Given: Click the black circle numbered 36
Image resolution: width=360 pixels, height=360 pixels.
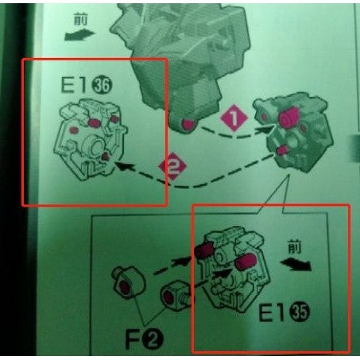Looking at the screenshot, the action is point(102,86).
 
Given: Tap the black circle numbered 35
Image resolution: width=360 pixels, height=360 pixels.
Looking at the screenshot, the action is point(300,312).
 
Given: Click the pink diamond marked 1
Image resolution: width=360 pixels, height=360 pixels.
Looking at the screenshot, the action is point(234,118).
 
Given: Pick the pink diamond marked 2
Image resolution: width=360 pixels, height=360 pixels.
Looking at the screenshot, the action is point(172,166).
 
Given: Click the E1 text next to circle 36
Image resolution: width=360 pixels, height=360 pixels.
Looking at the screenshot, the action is point(74,84).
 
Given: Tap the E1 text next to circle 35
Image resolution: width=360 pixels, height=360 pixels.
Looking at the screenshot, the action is point(272,312).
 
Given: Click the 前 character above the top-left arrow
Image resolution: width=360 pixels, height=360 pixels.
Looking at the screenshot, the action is point(80,19).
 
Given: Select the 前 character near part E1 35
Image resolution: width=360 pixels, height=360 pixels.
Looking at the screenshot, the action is point(295,246).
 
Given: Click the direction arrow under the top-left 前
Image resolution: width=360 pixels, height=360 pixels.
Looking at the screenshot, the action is point(79,35).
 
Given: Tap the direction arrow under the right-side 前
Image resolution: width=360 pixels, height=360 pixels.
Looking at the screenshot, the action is point(296,265).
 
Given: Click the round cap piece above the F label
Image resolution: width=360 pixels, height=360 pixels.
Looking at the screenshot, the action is point(129,282).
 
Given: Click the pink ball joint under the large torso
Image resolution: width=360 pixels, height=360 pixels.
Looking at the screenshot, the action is point(188,124).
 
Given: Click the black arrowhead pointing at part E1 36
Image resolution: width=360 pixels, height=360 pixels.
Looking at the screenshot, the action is point(122,166).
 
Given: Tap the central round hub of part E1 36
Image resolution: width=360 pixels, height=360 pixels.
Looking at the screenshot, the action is point(93,145).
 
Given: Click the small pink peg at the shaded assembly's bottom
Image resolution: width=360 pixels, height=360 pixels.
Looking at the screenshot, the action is point(281,150).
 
